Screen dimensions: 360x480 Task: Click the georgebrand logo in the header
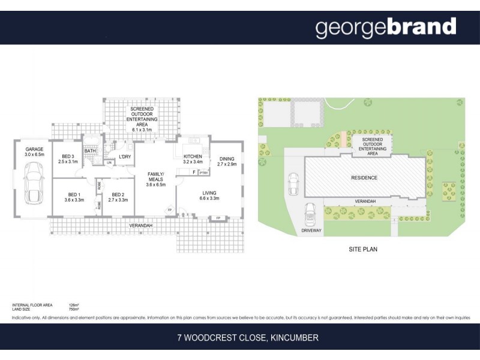click(386, 28)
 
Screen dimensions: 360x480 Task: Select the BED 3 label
click(68, 158)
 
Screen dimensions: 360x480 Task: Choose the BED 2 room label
click(118, 196)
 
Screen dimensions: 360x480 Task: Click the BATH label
click(90, 151)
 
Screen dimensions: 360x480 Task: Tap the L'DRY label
click(125, 157)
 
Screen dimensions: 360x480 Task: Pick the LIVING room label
click(210, 194)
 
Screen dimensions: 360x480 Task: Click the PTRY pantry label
click(203, 173)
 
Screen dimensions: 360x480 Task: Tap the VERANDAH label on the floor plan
click(141, 225)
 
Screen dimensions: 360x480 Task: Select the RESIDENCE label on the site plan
click(364, 178)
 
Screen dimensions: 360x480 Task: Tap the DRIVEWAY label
click(312, 230)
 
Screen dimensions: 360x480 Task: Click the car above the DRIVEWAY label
click(310, 213)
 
